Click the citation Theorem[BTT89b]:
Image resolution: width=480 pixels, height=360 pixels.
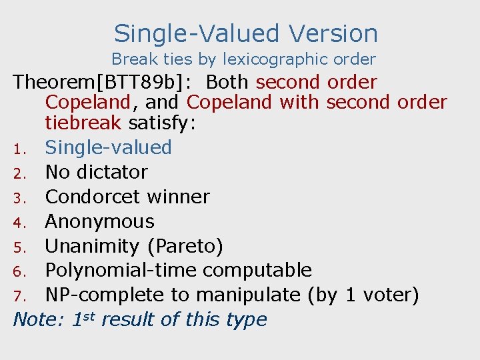104,83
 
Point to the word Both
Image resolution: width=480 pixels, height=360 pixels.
227,83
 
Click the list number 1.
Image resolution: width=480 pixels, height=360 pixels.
21,148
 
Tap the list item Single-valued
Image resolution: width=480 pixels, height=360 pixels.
109,147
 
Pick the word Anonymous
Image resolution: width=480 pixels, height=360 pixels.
100,221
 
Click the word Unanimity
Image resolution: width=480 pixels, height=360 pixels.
92,246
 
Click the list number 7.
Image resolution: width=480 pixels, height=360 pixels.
21,295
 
